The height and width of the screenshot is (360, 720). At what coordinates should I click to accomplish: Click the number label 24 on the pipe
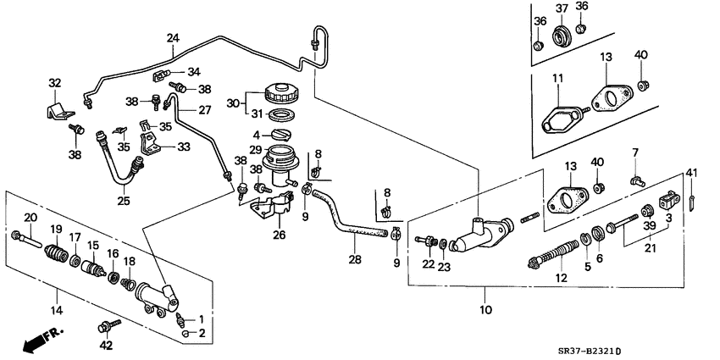[173, 38]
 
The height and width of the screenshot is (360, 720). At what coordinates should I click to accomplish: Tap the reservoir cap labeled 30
[278, 93]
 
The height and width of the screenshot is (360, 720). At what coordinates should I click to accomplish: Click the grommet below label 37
[561, 37]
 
